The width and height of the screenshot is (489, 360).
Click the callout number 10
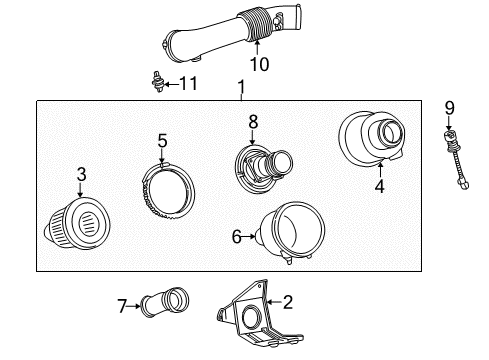(259, 66)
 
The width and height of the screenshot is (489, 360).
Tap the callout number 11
(186, 84)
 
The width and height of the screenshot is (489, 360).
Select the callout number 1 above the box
(241, 90)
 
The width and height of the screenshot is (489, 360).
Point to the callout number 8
(253, 120)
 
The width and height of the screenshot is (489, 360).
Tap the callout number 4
(379, 185)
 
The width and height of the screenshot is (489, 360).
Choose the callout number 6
(237, 237)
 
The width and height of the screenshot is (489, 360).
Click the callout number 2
(288, 300)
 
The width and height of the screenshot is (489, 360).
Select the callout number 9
(449, 107)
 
